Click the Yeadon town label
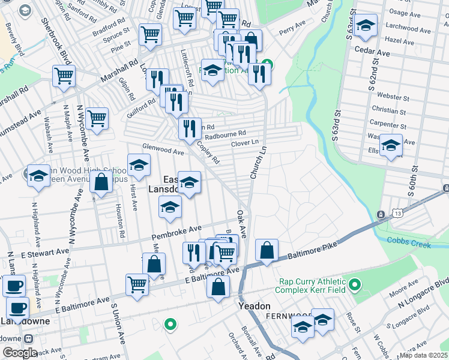point(254,306)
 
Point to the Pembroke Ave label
point(176,230)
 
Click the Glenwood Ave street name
point(162,149)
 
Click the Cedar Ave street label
point(372,53)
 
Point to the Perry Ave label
point(292,28)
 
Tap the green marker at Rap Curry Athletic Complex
point(354,284)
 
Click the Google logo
point(20,353)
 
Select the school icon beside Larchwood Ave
point(364,25)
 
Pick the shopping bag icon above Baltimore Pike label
point(267,250)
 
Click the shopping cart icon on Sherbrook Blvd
point(63,76)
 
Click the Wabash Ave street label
point(50,139)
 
